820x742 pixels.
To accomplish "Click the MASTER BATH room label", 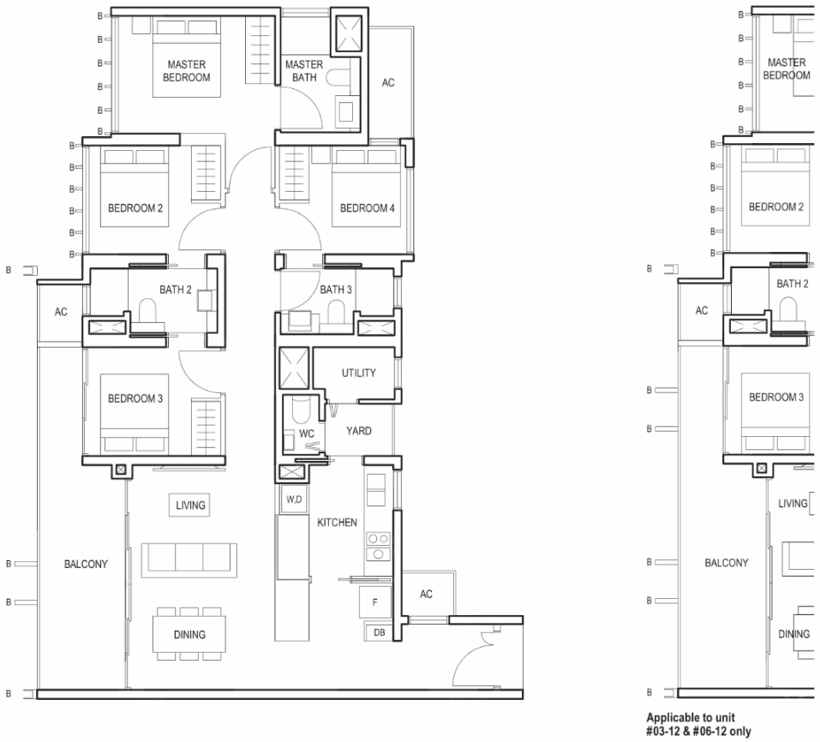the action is (304, 71).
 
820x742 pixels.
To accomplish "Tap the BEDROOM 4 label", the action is (367, 208).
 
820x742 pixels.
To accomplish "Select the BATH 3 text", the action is (336, 289).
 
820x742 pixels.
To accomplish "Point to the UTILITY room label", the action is (359, 373).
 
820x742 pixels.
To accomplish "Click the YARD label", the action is (359, 431).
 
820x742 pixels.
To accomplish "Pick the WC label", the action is (307, 434).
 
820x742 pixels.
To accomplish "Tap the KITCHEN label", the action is (338, 523).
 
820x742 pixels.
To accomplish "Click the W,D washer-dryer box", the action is (295, 500).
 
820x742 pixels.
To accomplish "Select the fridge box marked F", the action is (375, 602).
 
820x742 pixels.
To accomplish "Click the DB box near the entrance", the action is (379, 632).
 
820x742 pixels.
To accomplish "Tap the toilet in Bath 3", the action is (336, 313).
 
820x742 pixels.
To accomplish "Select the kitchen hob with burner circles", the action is (378, 546).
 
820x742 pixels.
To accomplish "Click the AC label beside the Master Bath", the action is (388, 82).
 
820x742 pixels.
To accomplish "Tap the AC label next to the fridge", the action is (426, 594).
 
